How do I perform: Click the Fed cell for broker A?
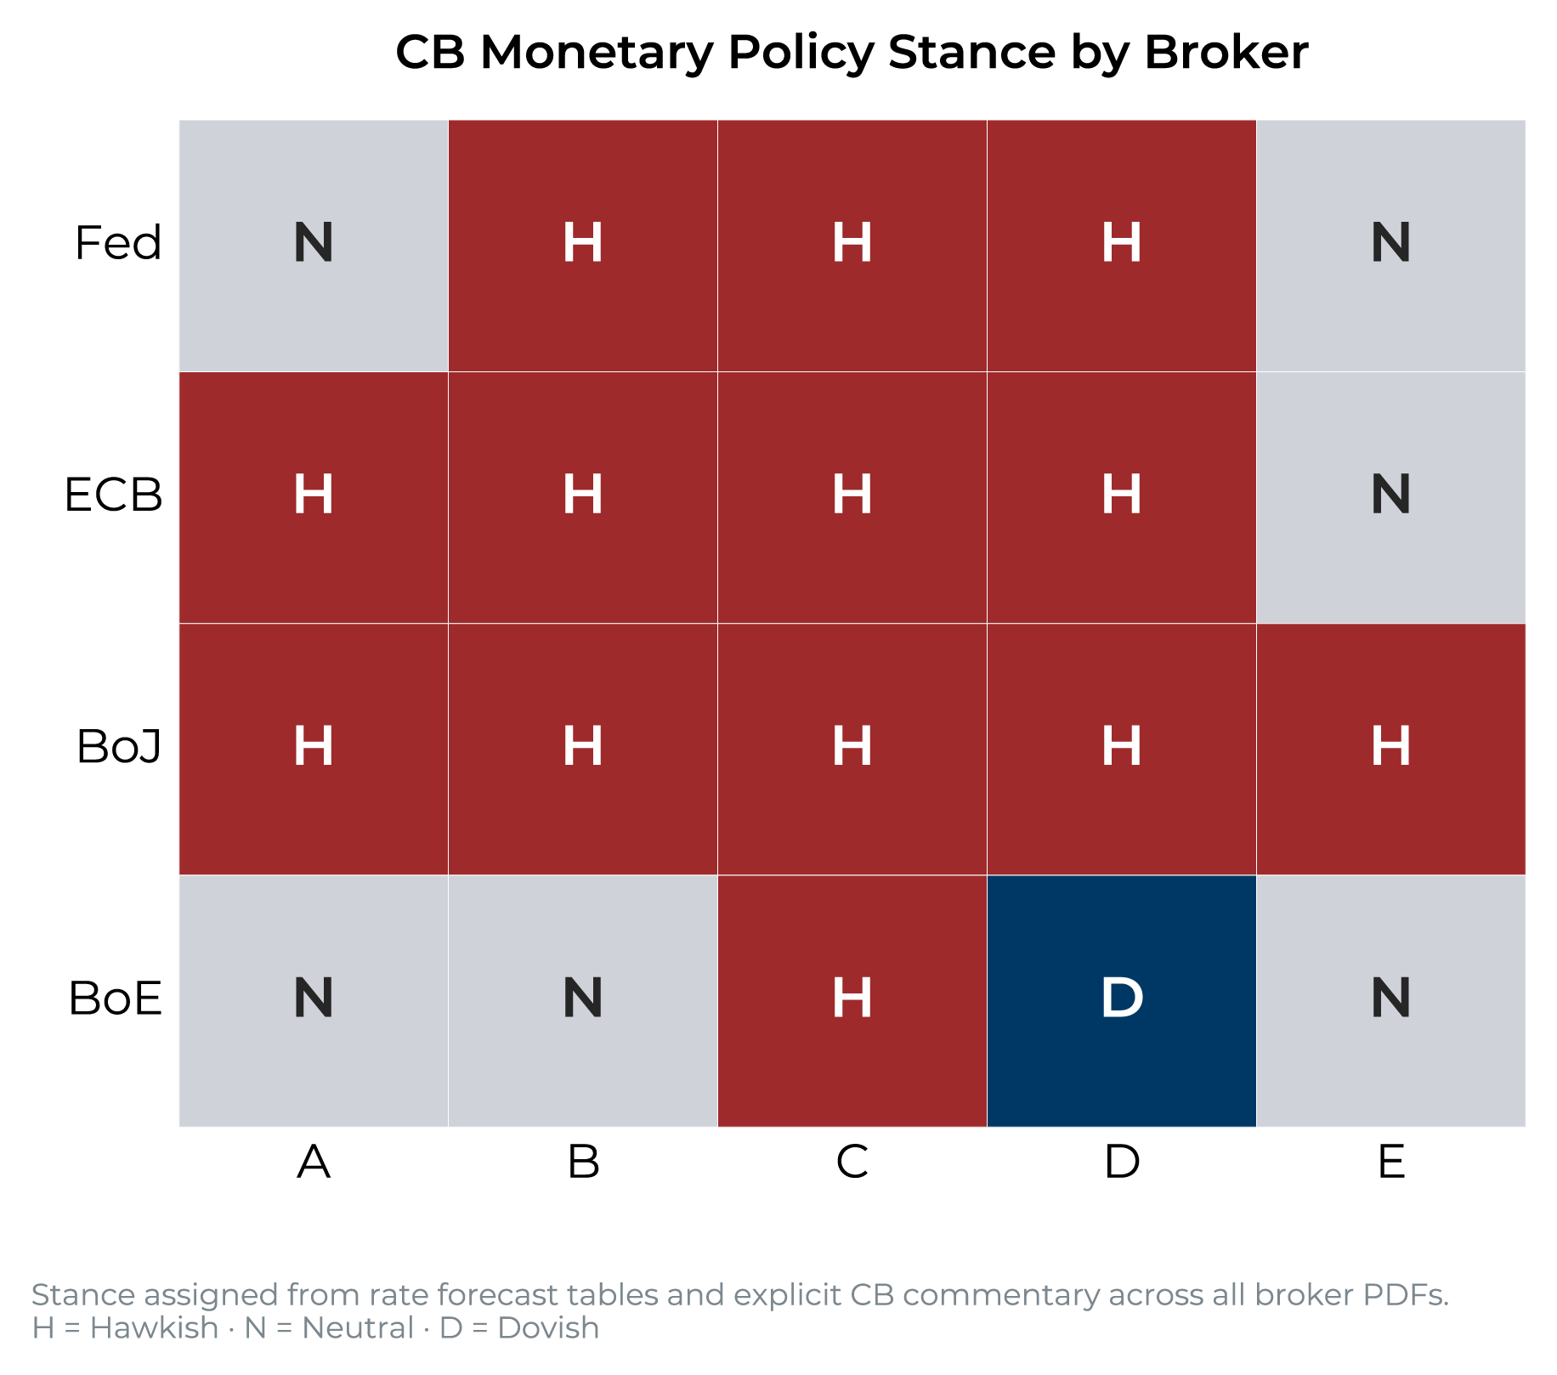(314, 246)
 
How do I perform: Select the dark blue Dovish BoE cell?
(1122, 1001)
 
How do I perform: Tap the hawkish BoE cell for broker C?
(852, 1001)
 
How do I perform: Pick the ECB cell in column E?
(1391, 497)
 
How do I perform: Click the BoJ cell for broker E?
(1391, 750)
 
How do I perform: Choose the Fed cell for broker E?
(1391, 246)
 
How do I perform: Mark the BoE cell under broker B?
(583, 1001)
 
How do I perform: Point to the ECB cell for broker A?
(314, 497)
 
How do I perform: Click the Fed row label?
(118, 243)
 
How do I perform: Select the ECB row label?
(113, 495)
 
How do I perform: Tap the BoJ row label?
(119, 747)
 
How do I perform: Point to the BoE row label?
(116, 999)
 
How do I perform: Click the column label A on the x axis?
(314, 1162)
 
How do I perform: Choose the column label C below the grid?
(852, 1162)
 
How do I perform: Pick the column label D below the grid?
(1122, 1162)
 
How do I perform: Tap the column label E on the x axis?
(1391, 1162)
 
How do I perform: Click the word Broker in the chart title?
(1226, 52)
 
